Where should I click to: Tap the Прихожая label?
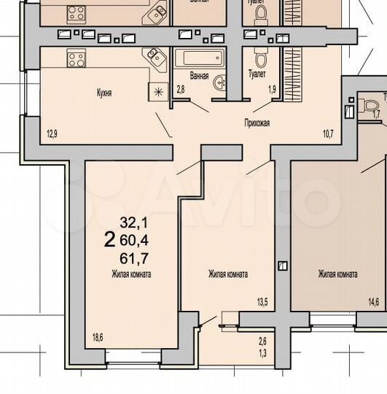point(257,123)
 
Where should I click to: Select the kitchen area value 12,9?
point(51,134)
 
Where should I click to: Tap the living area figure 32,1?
point(133,223)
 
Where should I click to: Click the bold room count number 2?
point(109,239)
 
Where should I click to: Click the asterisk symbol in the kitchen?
point(158,90)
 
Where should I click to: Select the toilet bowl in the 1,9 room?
point(260,58)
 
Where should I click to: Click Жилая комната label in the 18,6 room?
point(131,274)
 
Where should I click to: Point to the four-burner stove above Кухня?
point(77,58)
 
